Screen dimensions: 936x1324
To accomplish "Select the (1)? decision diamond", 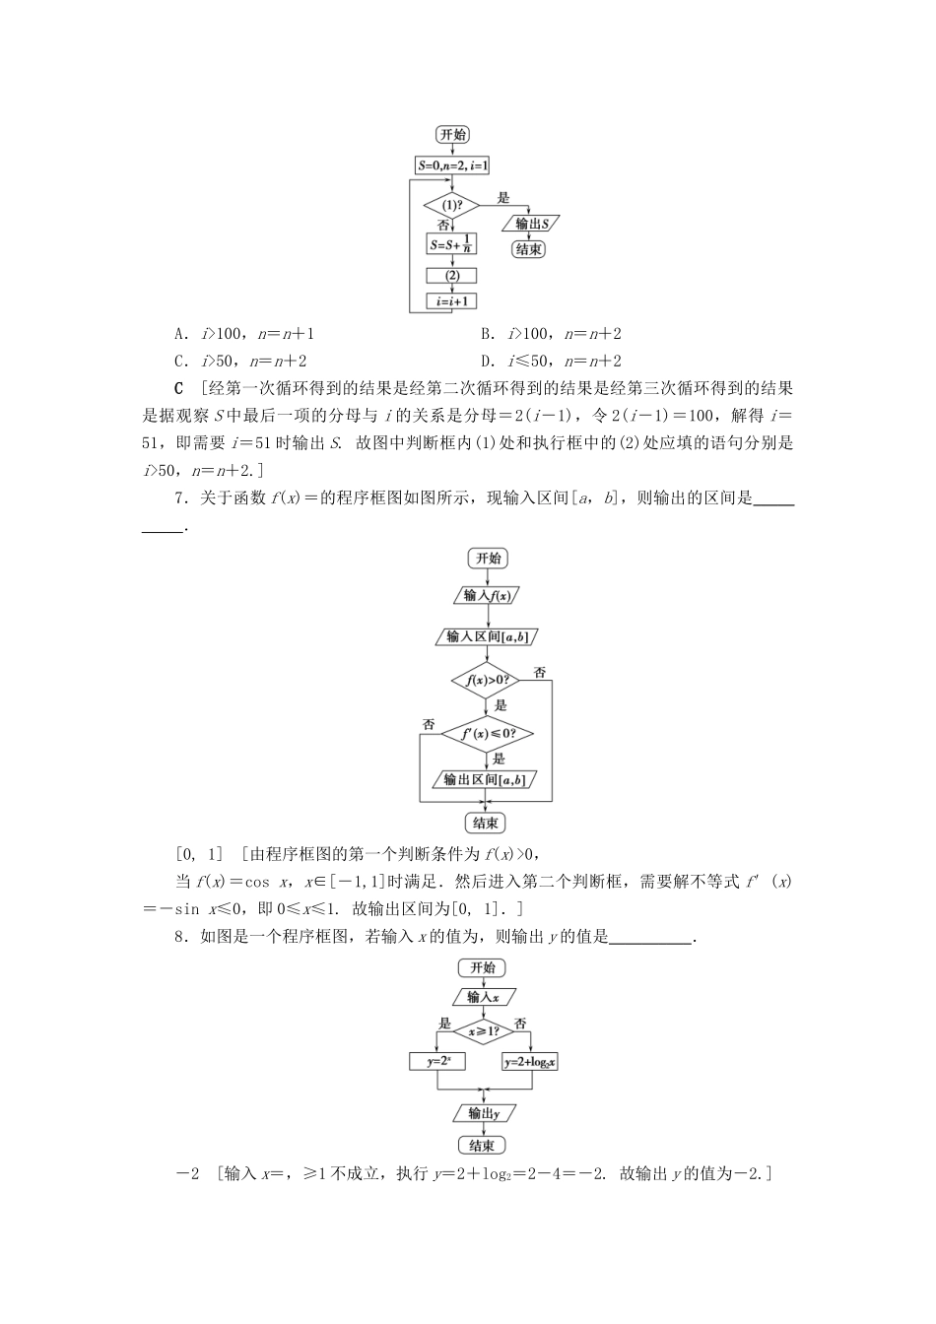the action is [451, 205].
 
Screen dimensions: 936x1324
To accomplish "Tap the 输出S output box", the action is [530, 224].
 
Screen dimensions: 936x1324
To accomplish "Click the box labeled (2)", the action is [451, 276].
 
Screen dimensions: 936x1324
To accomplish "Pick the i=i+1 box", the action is [451, 301].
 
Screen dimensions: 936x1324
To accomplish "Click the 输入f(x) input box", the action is [487, 595].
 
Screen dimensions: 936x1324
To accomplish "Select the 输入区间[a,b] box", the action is [487, 636].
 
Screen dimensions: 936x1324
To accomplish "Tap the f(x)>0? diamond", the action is [487, 680].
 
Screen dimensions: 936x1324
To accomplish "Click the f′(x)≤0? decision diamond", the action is [487, 734].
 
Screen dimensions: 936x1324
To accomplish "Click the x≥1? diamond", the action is [483, 1031].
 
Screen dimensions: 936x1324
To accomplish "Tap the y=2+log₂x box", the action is [531, 1062].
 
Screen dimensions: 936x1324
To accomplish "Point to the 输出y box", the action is [483, 1113].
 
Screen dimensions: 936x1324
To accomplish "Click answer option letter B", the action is [487, 334].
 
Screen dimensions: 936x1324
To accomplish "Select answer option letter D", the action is [487, 361].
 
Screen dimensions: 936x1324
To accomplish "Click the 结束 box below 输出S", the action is [529, 249].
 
